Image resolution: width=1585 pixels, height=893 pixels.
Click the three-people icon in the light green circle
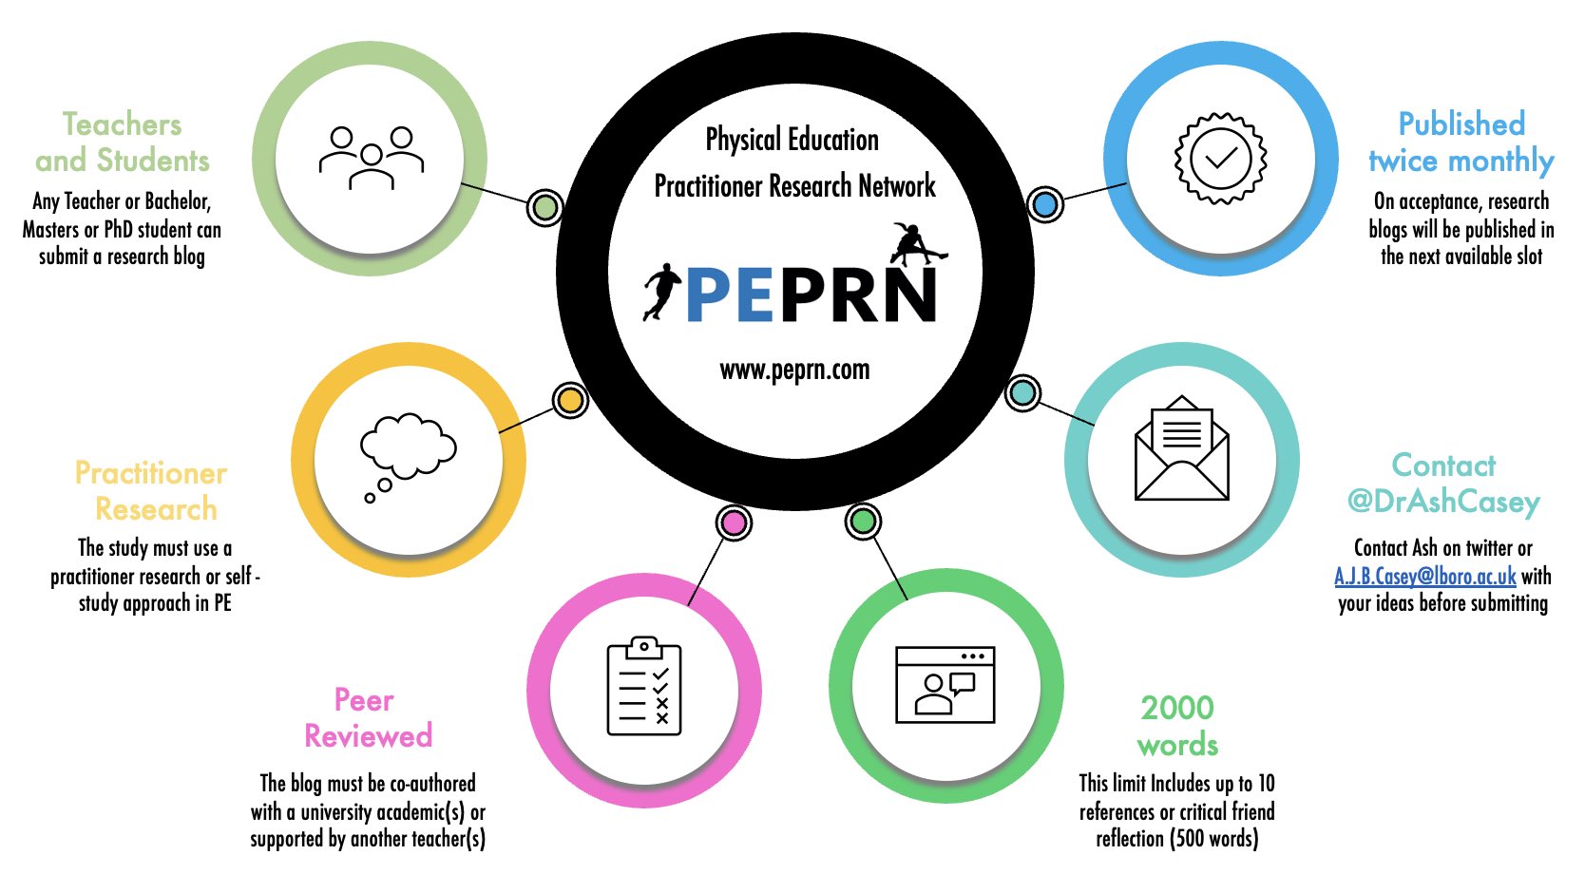coord(372,158)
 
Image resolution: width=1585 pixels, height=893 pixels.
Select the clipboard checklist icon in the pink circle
coord(644,687)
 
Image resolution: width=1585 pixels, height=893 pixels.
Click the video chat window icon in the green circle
coord(945,684)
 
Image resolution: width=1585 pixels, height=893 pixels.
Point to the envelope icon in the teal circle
coord(1182,447)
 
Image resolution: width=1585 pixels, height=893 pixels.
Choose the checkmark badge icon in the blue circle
coord(1221,158)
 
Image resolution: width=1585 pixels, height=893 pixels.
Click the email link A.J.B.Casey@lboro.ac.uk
coord(1425,576)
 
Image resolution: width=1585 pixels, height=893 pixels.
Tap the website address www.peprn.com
coord(794,370)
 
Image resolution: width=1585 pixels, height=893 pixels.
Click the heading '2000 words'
coord(1177,726)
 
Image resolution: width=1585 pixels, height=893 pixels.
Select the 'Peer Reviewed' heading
coord(368,718)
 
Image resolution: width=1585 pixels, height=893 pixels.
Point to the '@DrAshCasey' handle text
coord(1443,502)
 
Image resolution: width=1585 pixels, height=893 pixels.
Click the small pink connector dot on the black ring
coord(734,522)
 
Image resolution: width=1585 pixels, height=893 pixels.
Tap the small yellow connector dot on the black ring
coord(570,401)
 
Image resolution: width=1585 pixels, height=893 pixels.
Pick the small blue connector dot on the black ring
coord(1045,204)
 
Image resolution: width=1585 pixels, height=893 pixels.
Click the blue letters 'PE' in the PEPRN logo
coord(730,295)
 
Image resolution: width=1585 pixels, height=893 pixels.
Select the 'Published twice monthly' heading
coord(1461,142)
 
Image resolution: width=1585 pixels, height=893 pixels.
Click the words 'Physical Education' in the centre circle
coord(792,140)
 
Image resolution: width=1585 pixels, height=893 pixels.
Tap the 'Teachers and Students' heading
coord(123,142)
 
